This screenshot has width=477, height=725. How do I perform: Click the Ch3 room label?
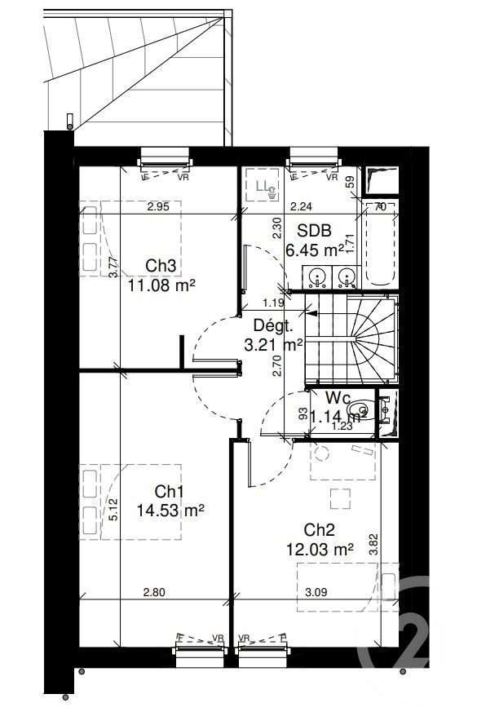pos(161,266)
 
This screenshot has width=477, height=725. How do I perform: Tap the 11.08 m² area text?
pos(161,285)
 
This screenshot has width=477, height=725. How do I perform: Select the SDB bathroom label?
pos(312,231)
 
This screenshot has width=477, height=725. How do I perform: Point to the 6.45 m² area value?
pos(314,249)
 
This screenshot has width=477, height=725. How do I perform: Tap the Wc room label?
pos(338,398)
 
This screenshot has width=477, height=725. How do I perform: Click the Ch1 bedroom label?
pos(169,492)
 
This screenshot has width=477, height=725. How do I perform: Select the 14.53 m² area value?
pos(170,511)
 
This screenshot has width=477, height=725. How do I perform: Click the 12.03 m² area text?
pos(320,549)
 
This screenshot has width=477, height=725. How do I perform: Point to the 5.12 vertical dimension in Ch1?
pos(114,510)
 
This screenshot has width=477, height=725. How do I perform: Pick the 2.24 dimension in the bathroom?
pos(301,207)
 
